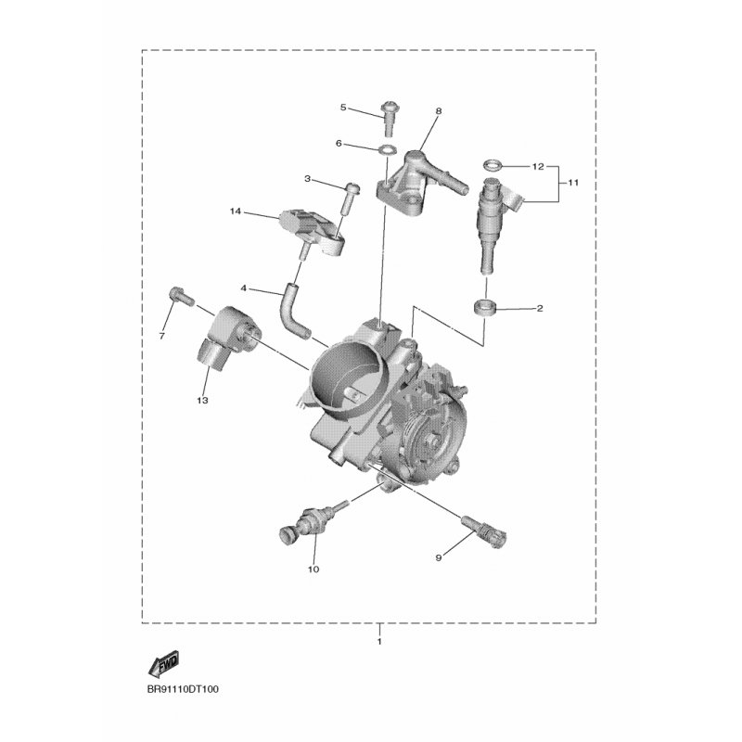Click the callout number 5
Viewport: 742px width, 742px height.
point(343,108)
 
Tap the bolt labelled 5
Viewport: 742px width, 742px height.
point(389,118)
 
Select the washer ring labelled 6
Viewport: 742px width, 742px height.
point(388,150)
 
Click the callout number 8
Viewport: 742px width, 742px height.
point(438,111)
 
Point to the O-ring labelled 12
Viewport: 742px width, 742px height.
point(493,166)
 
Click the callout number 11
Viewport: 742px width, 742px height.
point(573,182)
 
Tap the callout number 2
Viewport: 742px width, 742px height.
point(540,309)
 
